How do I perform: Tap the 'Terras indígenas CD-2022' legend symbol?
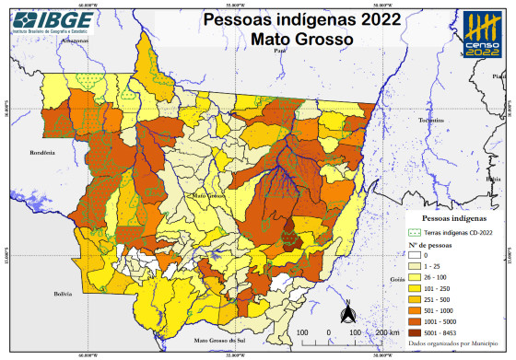(x=416, y=232)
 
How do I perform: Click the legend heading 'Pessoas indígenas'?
(x=449, y=221)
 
